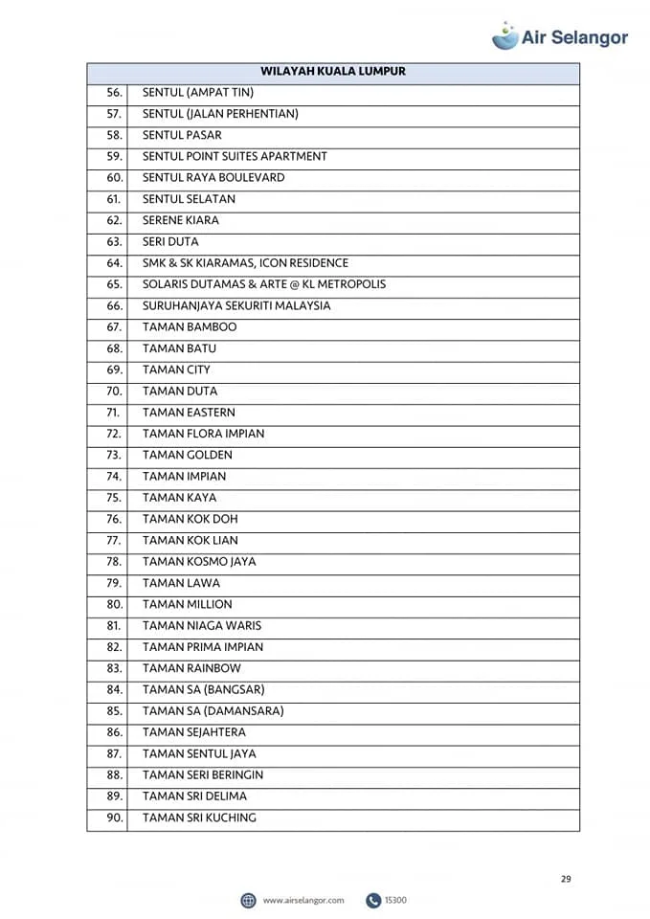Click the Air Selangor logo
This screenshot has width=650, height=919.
click(x=560, y=36)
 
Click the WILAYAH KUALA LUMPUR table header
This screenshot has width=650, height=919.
click(x=333, y=71)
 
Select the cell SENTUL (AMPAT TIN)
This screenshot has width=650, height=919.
click(x=197, y=93)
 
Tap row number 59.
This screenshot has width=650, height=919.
click(x=115, y=156)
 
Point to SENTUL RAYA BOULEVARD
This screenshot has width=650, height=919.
click(x=213, y=177)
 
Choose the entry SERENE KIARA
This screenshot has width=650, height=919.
click(x=181, y=220)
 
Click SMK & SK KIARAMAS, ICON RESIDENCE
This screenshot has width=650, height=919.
click(x=245, y=262)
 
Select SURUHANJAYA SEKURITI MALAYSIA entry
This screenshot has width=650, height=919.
click(x=236, y=305)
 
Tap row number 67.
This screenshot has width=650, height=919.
click(x=115, y=326)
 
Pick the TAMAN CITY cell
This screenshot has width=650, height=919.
click(x=176, y=370)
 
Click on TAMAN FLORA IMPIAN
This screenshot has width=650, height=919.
click(x=203, y=434)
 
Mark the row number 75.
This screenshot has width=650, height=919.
click(x=115, y=498)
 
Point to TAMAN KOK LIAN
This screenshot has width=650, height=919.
click(x=191, y=540)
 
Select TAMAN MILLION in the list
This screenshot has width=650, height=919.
click(x=187, y=604)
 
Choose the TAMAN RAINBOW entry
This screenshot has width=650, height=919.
click(x=191, y=668)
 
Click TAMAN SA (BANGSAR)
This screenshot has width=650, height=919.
click(x=203, y=689)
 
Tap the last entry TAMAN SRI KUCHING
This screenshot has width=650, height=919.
click(x=199, y=818)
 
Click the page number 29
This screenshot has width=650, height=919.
click(x=566, y=879)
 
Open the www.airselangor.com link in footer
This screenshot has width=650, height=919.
click(x=303, y=900)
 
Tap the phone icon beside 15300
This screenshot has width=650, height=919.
click(x=373, y=900)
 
